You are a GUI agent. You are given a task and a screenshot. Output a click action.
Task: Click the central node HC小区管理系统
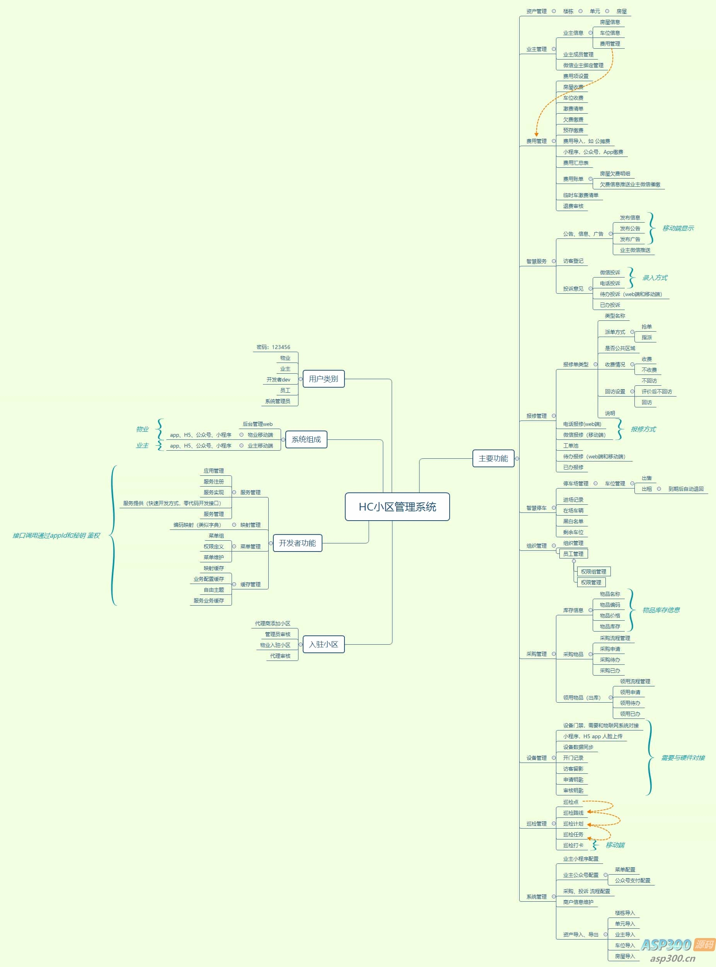pos(397,506)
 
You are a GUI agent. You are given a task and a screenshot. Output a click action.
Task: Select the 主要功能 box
pos(493,458)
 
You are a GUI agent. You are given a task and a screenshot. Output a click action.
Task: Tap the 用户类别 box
pos(323,379)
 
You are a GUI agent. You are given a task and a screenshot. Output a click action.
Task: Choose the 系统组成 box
pos(306,439)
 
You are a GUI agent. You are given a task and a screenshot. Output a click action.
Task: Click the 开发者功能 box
pos(297,543)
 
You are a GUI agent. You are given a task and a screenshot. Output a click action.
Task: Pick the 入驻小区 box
pos(323,644)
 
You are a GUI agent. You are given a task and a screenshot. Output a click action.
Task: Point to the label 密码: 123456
pos(273,347)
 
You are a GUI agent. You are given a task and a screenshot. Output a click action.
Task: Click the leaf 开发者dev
pos(278,380)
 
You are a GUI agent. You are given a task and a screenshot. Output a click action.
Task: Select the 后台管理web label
pos(257,424)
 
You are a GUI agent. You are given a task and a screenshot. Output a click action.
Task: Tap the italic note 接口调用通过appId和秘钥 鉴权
pos(56,536)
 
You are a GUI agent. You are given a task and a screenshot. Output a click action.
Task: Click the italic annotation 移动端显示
pos(678,228)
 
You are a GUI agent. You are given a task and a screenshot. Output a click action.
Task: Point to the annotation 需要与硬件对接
pos(683,758)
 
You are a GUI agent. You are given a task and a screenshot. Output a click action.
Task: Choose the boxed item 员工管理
pos(573,554)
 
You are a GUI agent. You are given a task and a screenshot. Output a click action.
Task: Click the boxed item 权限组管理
pos(593,572)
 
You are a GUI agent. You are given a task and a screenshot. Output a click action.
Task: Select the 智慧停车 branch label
pos(536,508)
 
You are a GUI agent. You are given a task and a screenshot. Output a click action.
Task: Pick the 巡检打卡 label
pos(573,845)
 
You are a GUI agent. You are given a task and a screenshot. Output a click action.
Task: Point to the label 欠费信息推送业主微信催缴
pos(630,185)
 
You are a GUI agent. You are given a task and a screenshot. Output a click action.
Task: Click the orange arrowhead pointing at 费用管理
pos(536,135)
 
